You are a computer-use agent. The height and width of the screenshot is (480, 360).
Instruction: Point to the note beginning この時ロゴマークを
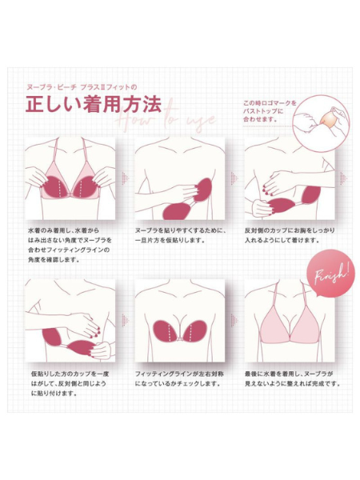270,109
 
